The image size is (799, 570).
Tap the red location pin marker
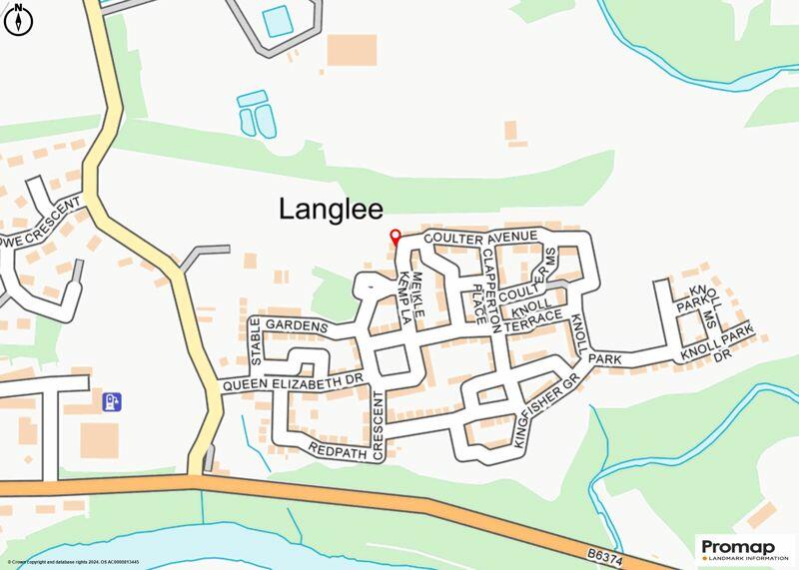(x=395, y=238)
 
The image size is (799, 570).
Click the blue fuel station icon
(x=113, y=401)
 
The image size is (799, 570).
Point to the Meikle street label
(x=419, y=294)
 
